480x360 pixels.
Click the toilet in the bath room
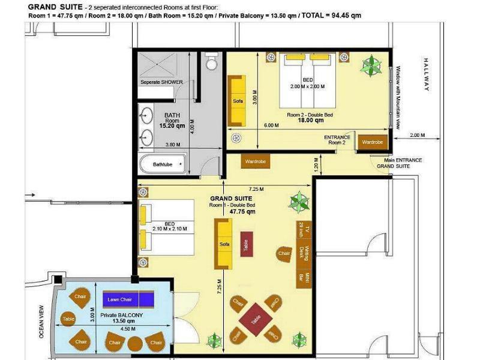[212, 61]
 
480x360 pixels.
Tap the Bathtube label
[163, 164]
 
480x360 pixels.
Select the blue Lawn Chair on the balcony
[128, 299]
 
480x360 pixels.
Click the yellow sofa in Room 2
[236, 101]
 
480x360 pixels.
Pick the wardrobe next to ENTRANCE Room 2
[373, 142]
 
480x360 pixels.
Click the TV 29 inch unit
[304, 229]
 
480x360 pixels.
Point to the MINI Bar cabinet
[304, 279]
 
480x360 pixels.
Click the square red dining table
[256, 320]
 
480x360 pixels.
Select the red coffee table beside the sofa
[247, 244]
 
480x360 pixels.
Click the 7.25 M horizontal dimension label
[256, 189]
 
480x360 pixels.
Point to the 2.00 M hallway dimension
[417, 135]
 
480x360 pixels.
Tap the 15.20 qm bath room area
[172, 126]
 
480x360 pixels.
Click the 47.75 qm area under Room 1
[242, 212]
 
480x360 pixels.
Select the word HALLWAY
[427, 74]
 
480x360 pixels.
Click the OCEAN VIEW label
[41, 322]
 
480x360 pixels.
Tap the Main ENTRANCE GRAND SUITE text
[399, 163]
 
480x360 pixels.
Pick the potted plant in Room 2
[371, 66]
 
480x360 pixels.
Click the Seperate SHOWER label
[161, 82]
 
